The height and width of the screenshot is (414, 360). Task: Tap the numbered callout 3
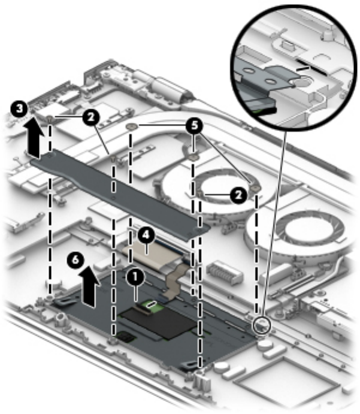coord(20,109)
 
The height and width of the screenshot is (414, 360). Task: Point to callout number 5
coord(193,126)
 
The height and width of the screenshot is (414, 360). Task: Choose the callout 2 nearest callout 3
coord(91,117)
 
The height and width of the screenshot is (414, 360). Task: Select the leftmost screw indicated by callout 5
coord(131,127)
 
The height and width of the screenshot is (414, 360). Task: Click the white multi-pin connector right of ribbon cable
coord(225,279)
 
